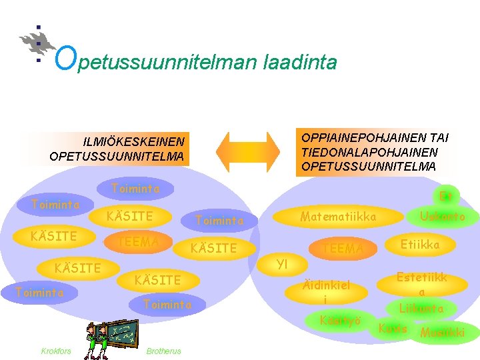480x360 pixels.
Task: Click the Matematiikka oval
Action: pos(338,217)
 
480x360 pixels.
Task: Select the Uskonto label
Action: pos(442,217)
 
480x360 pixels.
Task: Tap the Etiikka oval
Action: pos(419,245)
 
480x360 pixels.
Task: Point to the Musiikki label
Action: pos(442,332)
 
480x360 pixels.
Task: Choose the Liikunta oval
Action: pos(421,309)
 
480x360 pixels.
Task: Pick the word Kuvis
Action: pos(393,328)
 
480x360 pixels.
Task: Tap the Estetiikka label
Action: pos(421,284)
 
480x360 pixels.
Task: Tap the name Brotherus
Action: pos(163,351)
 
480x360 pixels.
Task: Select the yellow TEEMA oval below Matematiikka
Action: pos(343,249)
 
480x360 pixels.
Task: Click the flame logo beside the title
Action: pos(37,43)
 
